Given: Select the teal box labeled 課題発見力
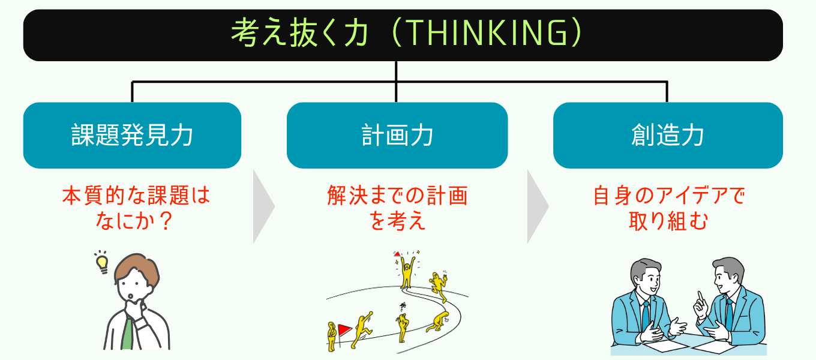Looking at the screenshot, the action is coord(132,135).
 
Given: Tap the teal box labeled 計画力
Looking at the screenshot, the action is coord(397,135).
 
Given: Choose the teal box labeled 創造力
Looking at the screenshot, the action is coord(668,135).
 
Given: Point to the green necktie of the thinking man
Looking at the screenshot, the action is coord(127,334).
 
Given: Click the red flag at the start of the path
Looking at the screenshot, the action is coord(344,330).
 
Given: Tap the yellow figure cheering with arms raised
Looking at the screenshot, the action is coord(407,271).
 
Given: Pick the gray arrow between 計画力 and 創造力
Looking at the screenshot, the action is coord(538,206).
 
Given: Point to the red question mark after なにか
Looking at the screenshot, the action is coord(166,220).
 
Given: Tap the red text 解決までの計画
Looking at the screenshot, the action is coord(397,196).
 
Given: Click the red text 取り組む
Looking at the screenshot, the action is coord(668,221).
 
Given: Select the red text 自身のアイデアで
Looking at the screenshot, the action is coord(669,196).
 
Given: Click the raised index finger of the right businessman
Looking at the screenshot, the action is coord(700,296).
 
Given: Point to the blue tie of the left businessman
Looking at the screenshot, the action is coord(646,314).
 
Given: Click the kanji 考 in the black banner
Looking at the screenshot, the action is coord(245,33).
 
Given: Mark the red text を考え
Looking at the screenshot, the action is coord(397,221).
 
